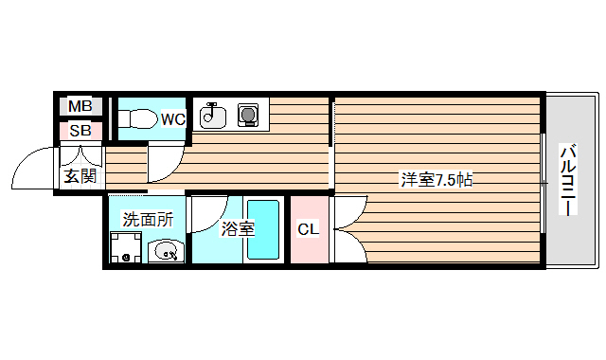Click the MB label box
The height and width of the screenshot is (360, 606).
tap(80, 107)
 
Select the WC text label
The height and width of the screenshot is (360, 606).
tap(172, 118)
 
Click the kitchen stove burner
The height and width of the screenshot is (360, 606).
tap(248, 115)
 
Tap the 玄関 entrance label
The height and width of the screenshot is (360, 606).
tap(79, 175)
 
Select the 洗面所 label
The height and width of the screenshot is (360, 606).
tap(148, 219)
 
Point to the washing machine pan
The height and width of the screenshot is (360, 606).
tap(125, 248)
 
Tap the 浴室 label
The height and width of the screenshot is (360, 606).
tap(237, 228)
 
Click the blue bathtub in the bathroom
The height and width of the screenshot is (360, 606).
tap(264, 229)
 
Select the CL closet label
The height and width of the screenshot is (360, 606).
tap(308, 229)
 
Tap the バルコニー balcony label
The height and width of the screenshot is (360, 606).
tap(567, 180)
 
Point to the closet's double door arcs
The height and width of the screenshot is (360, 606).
tap(349, 228)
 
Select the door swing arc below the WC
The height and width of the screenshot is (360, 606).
tap(164, 160)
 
